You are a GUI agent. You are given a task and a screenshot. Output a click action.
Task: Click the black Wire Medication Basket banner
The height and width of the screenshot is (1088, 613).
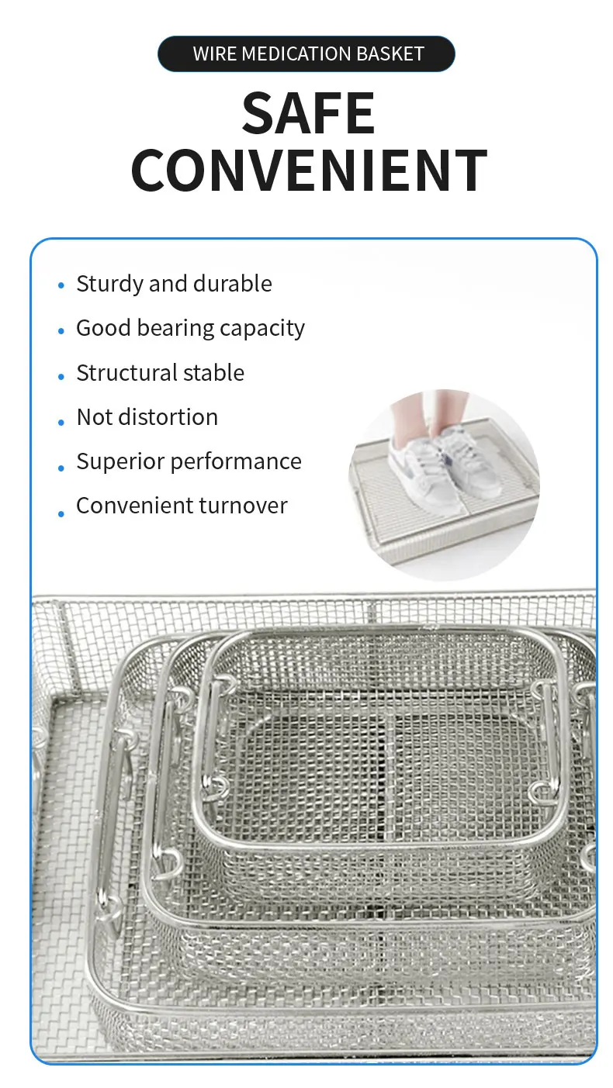pyautogui.click(x=306, y=54)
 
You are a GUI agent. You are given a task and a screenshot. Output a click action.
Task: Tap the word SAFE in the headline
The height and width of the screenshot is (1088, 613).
pyautogui.click(x=308, y=114)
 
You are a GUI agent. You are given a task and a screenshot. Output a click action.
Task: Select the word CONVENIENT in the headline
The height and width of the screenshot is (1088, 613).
pyautogui.click(x=309, y=171)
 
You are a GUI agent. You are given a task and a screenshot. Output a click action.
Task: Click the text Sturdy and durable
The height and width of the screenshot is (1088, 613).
pyautogui.click(x=174, y=284)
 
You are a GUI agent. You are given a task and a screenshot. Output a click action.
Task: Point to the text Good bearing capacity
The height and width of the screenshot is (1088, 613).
pyautogui.click(x=190, y=328)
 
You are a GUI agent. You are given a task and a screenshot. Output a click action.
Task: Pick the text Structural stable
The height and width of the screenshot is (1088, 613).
pyautogui.click(x=160, y=373)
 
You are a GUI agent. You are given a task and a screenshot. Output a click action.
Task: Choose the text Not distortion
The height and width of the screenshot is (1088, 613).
pyautogui.click(x=147, y=417)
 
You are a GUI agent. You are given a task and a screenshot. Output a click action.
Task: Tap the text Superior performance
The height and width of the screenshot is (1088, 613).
pyautogui.click(x=189, y=461)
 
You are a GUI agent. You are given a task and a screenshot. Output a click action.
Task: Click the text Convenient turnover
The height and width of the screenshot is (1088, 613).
pyautogui.click(x=182, y=506)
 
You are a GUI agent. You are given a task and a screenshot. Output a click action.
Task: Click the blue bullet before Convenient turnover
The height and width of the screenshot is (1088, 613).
pyautogui.click(x=61, y=513)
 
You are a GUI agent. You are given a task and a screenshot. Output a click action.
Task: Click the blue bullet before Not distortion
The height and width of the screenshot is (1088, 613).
pyautogui.click(x=61, y=423)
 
